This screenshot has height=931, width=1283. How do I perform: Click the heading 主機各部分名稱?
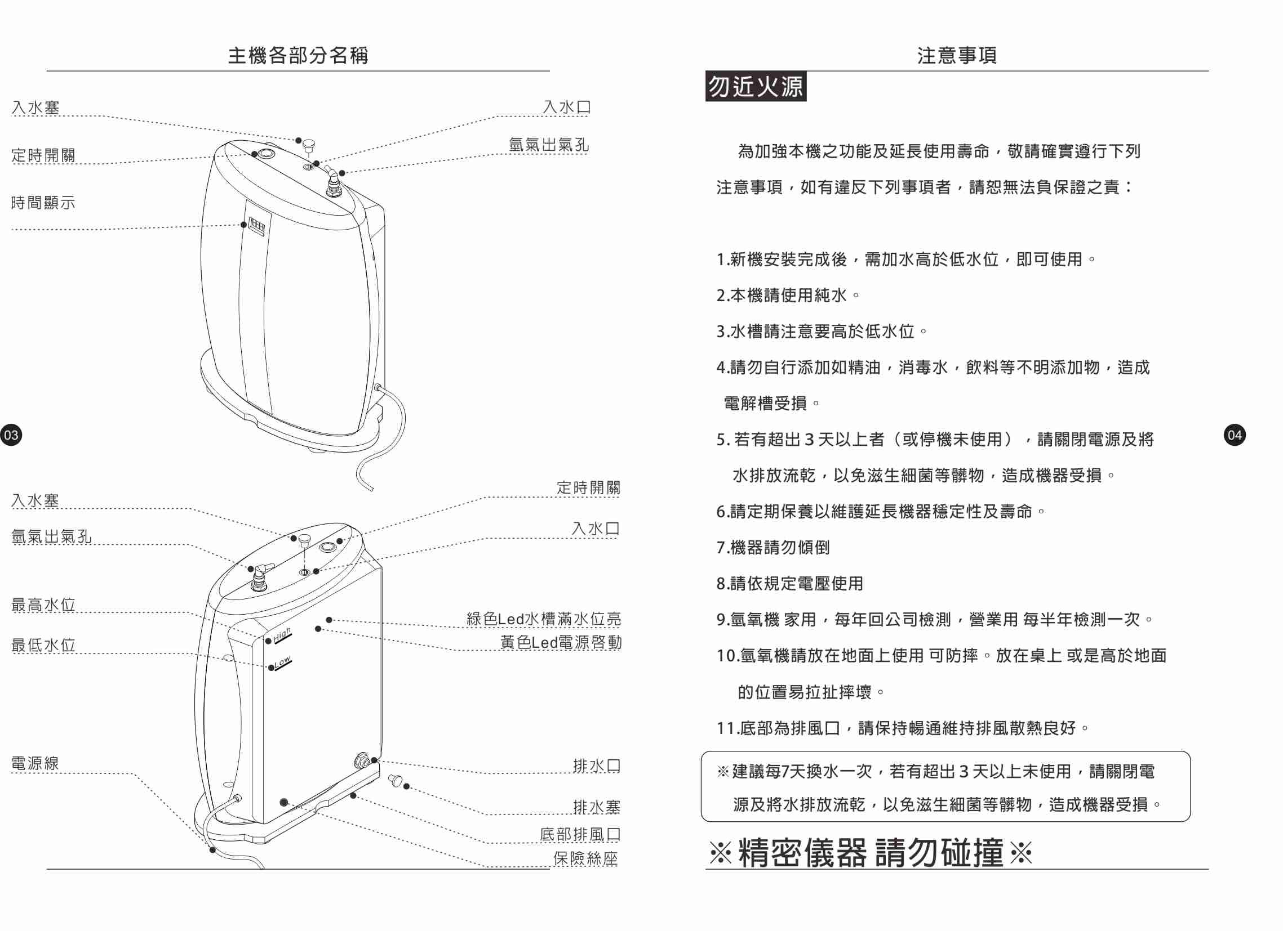pyautogui.click(x=298, y=55)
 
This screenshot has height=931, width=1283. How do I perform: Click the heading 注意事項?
pyautogui.click(x=957, y=55)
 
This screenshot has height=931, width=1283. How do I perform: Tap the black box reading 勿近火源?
pyautogui.click(x=755, y=87)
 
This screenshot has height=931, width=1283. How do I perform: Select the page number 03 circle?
pyautogui.click(x=11, y=435)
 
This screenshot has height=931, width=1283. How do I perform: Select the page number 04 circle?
pyautogui.click(x=1235, y=435)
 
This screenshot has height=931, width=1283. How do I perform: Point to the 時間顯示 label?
pyautogui.click(x=43, y=203)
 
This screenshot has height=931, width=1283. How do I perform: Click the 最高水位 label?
pyautogui.click(x=43, y=605)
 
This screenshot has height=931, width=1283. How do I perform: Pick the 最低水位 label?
pyautogui.click(x=43, y=645)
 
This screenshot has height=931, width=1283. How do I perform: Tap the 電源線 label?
pyautogui.click(x=35, y=763)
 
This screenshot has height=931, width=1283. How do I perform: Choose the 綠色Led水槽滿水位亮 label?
pyautogui.click(x=544, y=619)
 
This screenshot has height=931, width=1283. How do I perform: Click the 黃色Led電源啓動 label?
pyautogui.click(x=561, y=642)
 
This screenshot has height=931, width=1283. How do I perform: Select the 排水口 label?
pyautogui.click(x=596, y=766)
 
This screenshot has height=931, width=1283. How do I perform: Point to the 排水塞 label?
pyautogui.click(x=596, y=807)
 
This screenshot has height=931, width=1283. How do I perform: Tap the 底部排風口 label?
pyautogui.click(x=580, y=834)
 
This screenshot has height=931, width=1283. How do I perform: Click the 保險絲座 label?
pyautogui.click(x=585, y=858)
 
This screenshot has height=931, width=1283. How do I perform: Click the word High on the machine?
pyautogui.click(x=282, y=635)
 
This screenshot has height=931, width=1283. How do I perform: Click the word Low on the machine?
pyautogui.click(x=282, y=662)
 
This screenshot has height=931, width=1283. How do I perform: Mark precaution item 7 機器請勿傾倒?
pyautogui.click(x=773, y=547)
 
